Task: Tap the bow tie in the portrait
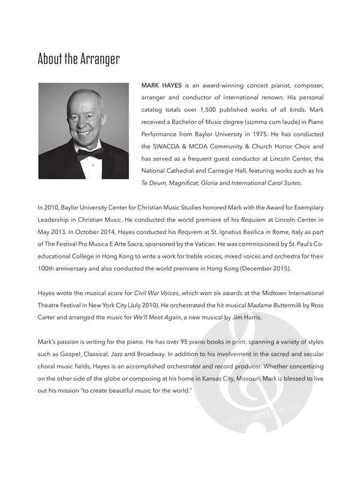tap(90, 153)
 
